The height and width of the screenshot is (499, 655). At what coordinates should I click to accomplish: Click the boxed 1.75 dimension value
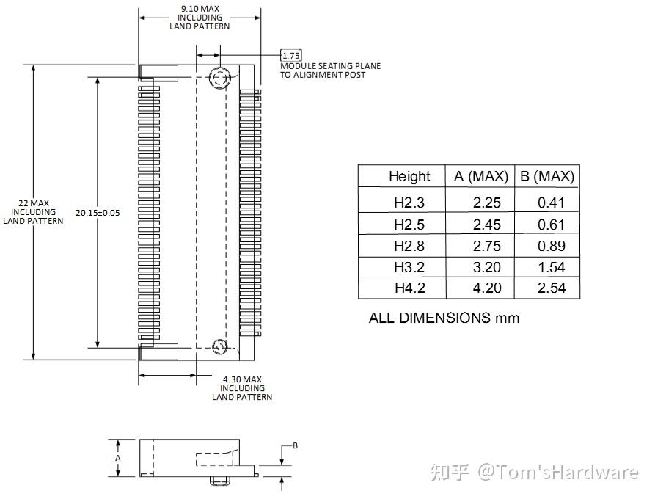(291, 55)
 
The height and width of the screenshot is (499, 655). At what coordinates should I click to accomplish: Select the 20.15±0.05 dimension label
(98, 213)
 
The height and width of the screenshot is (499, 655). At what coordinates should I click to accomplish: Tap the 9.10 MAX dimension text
(200, 8)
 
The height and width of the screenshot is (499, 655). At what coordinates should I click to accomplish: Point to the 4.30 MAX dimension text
(243, 379)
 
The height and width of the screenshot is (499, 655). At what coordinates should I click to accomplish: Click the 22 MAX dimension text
(33, 203)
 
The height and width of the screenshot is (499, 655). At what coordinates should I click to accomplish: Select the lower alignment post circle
(219, 347)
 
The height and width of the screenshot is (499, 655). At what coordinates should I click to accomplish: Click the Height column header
(409, 177)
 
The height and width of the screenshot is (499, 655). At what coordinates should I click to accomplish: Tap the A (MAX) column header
(480, 177)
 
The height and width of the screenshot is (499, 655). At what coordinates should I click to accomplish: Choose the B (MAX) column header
(546, 177)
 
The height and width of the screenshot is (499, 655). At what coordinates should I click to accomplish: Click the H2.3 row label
(409, 203)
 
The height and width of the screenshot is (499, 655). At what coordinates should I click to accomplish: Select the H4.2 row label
(409, 288)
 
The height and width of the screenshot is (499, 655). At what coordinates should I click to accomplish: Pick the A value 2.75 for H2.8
(487, 246)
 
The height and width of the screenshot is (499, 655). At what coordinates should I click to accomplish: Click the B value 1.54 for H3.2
(552, 267)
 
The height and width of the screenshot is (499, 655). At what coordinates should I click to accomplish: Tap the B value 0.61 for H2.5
(552, 225)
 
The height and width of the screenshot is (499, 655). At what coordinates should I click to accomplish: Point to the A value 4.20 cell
(487, 288)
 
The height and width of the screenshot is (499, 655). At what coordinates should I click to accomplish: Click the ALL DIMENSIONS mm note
(444, 318)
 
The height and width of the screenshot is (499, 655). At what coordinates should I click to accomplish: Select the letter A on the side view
(118, 457)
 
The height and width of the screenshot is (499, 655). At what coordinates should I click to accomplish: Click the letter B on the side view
(295, 445)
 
